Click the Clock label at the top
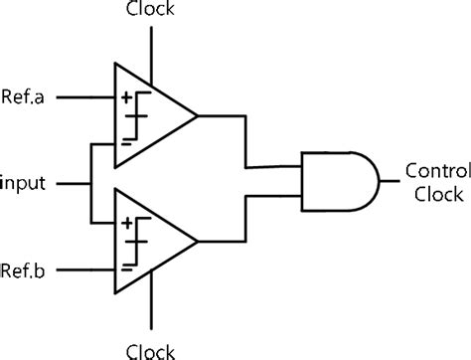tap(152, 11)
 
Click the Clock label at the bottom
tap(152, 349)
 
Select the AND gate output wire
tap(390, 181)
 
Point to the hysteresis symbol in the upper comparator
tap(140, 115)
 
